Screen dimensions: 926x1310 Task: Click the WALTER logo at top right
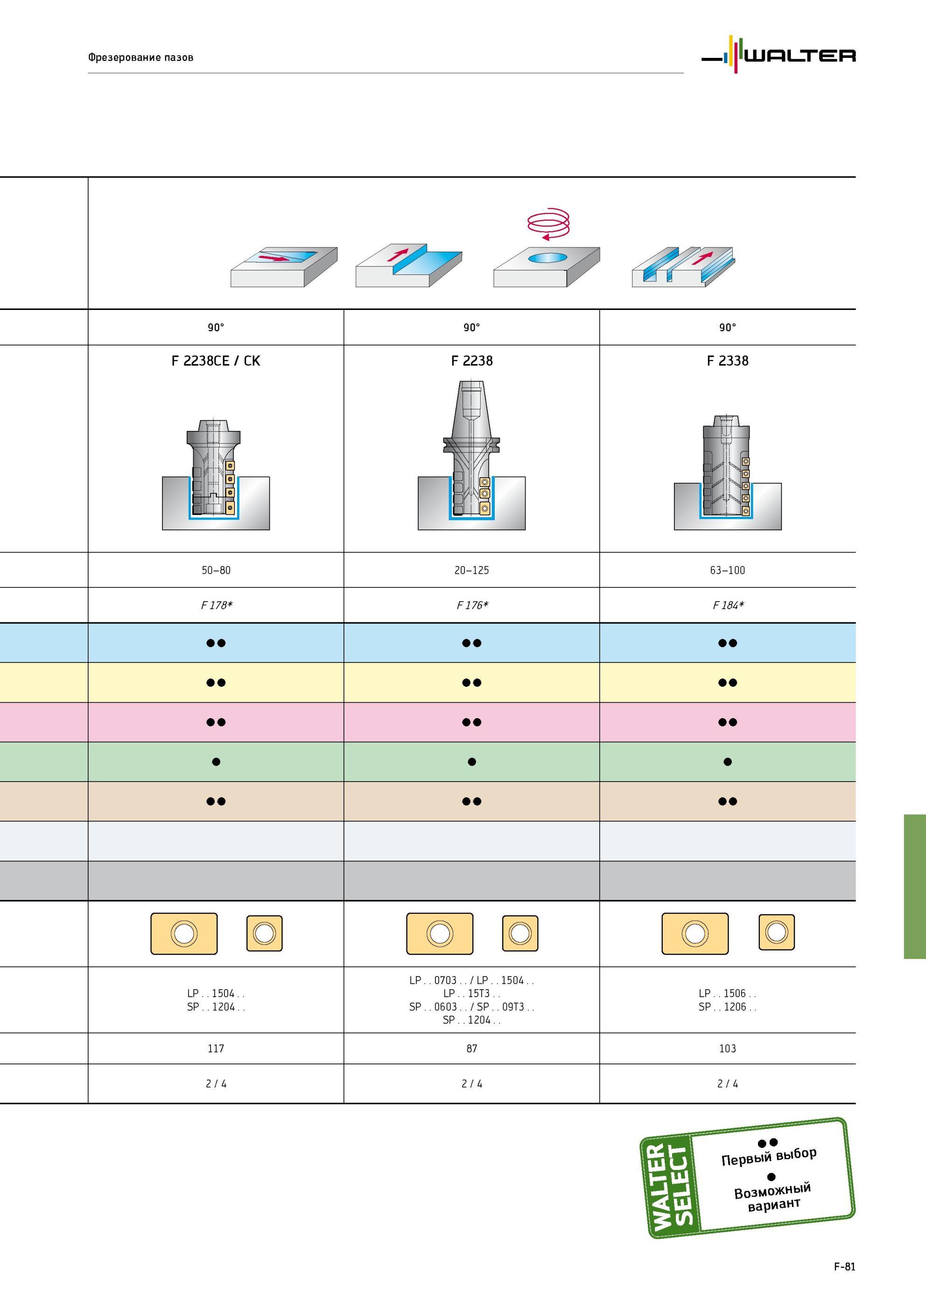778,55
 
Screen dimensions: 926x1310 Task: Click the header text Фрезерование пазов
140,57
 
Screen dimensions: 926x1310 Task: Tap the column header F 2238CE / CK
216,360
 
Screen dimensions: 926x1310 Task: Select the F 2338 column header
728,360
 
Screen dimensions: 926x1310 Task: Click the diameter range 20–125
472,570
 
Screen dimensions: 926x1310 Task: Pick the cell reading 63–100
728,570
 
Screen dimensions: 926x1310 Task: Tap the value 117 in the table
216,1048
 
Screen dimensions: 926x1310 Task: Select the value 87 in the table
472,1048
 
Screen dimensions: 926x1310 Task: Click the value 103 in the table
728,1048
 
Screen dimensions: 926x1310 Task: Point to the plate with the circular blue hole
547,267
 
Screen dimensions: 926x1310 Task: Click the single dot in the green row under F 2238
472,762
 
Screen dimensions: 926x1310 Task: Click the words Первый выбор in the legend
769,1156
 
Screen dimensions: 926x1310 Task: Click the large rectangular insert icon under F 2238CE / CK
184,933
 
